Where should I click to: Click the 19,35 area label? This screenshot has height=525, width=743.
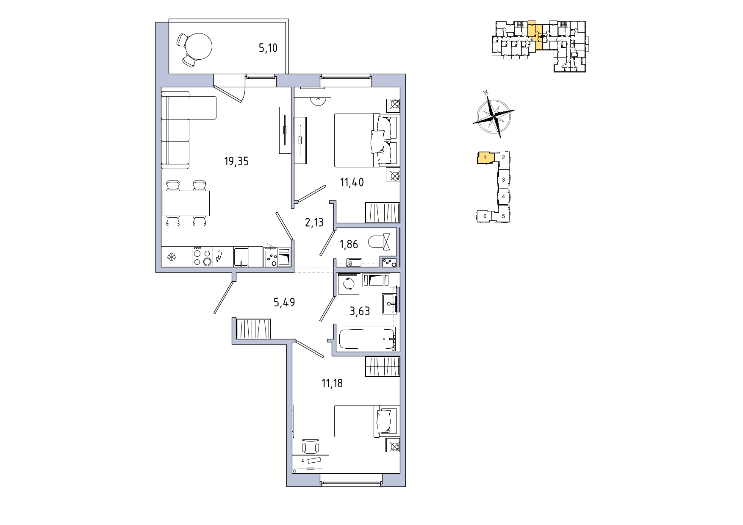click(x=236, y=161)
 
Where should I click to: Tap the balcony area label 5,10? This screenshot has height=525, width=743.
click(x=268, y=48)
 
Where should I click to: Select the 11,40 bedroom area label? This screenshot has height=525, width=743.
click(x=352, y=183)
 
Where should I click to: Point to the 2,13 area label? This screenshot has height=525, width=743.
click(x=314, y=222)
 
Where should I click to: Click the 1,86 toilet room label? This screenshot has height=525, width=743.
click(x=349, y=244)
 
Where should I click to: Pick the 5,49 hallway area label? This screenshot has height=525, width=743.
click(x=284, y=303)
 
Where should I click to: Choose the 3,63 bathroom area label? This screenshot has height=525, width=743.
click(x=360, y=311)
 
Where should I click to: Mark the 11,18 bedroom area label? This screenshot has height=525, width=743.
click(x=332, y=383)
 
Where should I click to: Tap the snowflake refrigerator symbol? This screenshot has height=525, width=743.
click(x=172, y=257)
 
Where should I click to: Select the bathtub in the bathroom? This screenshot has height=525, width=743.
click(x=367, y=339)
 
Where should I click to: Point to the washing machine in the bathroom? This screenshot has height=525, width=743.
click(x=349, y=283)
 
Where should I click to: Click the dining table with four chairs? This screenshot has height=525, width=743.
click(x=186, y=203)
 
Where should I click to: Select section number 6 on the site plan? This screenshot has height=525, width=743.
click(x=485, y=216)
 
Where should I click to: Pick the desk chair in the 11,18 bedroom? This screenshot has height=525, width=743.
click(x=311, y=447)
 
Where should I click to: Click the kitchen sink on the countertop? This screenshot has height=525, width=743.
click(x=241, y=257)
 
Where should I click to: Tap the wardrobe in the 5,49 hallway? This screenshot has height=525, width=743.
click(x=253, y=329)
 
